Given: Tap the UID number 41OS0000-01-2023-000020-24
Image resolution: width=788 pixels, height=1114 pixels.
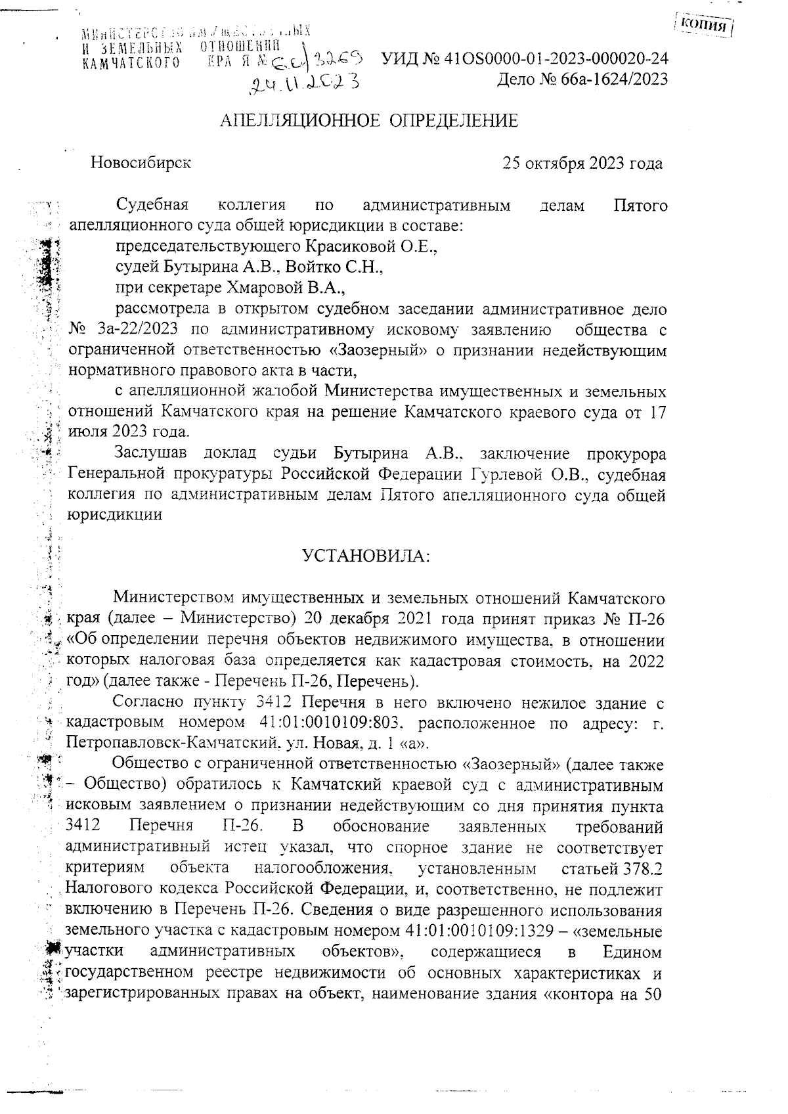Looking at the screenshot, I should click(556, 58).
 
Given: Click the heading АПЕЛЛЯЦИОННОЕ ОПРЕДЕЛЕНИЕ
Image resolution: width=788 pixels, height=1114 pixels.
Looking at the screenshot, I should click(369, 121).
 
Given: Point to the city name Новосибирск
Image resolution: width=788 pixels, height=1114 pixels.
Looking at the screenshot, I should click(141, 162).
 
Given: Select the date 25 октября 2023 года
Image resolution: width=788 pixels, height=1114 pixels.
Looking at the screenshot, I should click(582, 163).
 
